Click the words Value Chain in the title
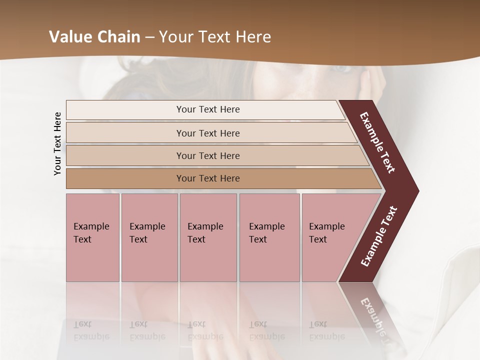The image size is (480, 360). (94, 37)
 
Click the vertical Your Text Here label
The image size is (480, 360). (57, 143)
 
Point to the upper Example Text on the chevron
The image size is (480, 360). (377, 142)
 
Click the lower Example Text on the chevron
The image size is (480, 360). (378, 236)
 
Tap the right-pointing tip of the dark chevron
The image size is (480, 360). (415, 191)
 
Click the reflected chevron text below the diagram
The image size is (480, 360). (375, 317)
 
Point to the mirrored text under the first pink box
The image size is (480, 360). (91, 330)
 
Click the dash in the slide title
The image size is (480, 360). (149, 37)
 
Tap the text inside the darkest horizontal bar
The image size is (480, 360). (208, 178)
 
